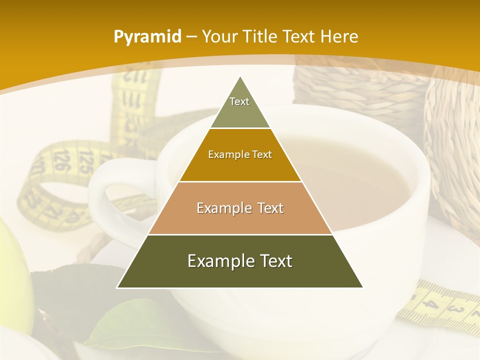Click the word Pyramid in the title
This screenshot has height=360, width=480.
pyautogui.click(x=147, y=36)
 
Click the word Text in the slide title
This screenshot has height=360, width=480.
pyautogui.click(x=300, y=36)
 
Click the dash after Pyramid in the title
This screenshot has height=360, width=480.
pyautogui.click(x=191, y=37)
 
